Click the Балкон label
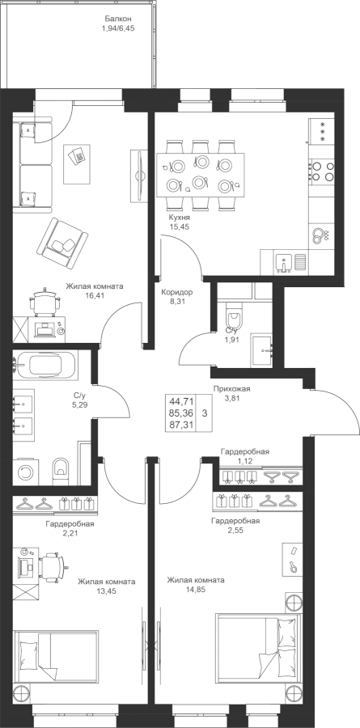pyautogui.click(x=118, y=19)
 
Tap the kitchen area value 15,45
pyautogui.click(x=180, y=226)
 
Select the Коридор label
pyautogui.click(x=177, y=293)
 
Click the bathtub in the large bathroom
pyautogui.click(x=45, y=365)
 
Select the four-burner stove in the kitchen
pyautogui.click(x=321, y=171)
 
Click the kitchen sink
pyautogui.click(x=283, y=262)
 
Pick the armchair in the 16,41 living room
pyautogui.click(x=62, y=242)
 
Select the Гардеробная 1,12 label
pyautogui.click(x=245, y=455)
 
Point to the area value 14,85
pyautogui.click(x=196, y=590)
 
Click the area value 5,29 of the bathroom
pyautogui.click(x=80, y=404)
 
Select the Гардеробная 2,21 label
pyautogui.click(x=70, y=528)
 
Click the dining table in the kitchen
pyautogui.click(x=201, y=173)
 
